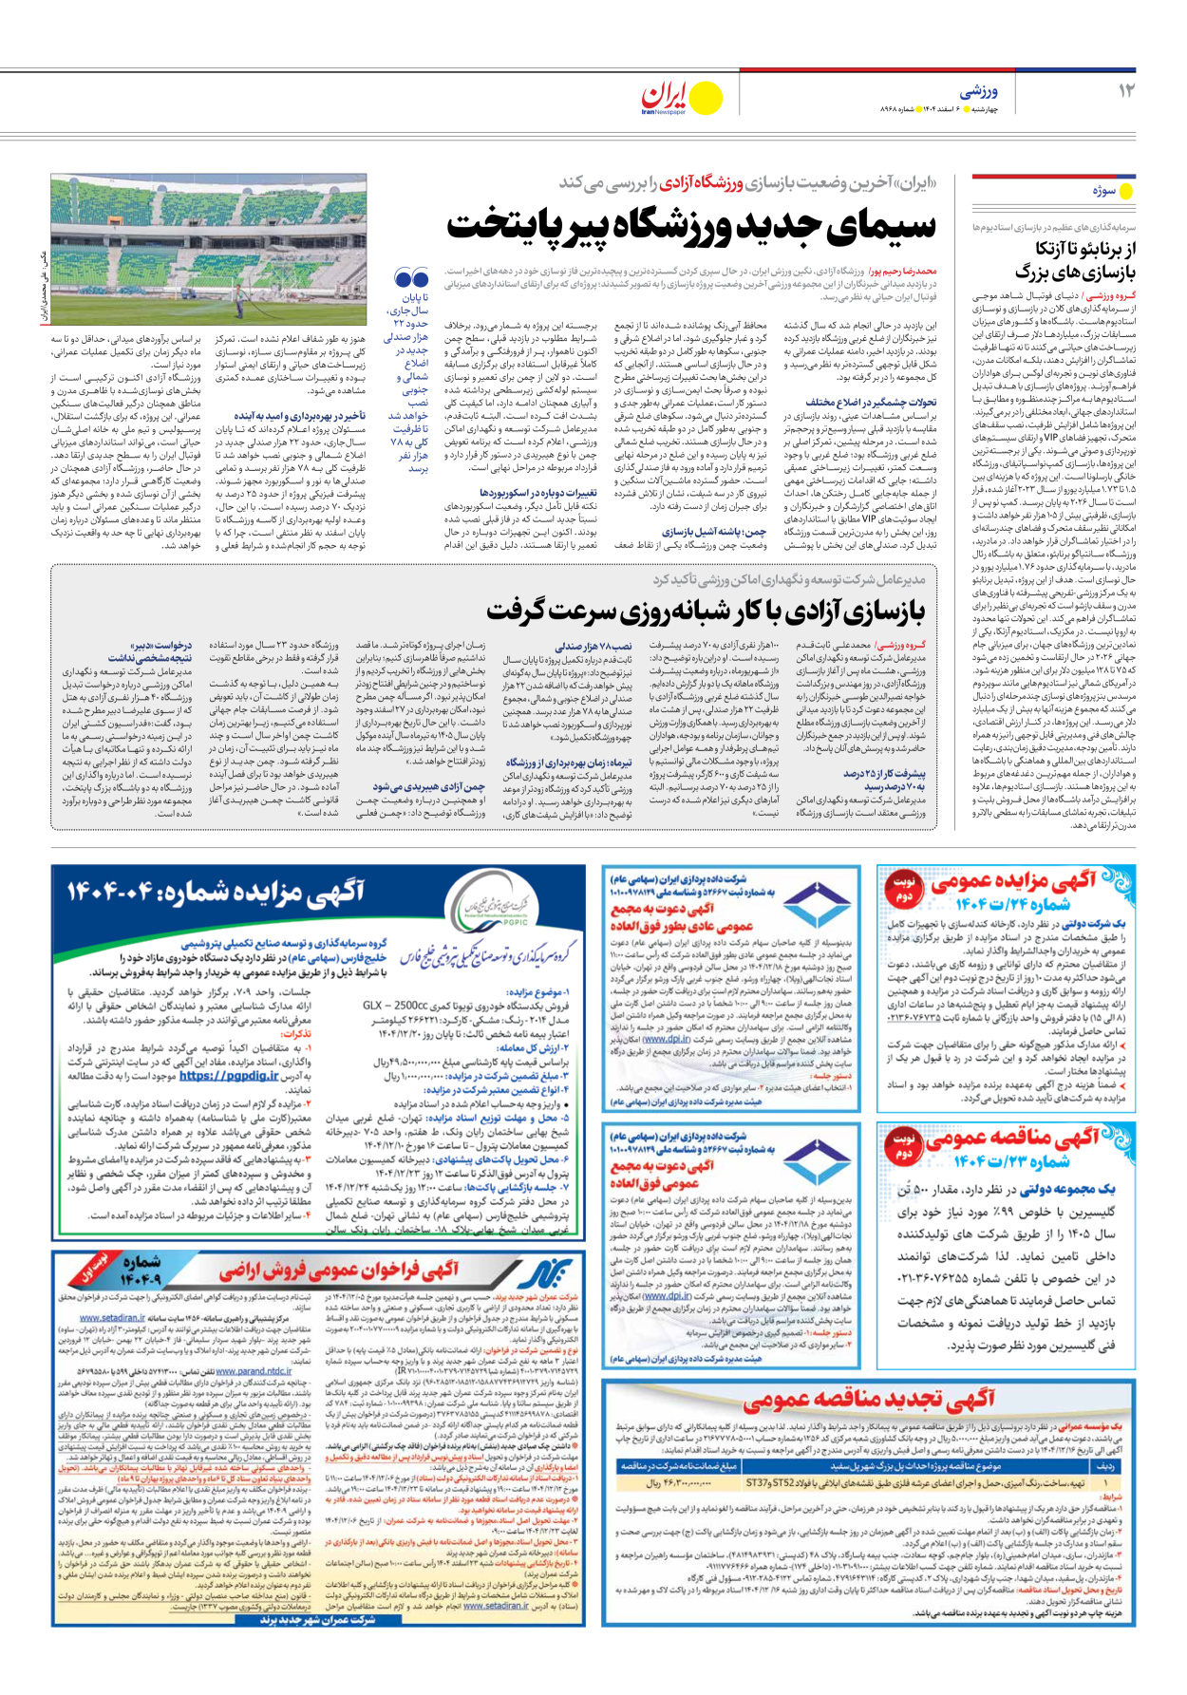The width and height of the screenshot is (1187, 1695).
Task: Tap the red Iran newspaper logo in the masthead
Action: tap(665, 96)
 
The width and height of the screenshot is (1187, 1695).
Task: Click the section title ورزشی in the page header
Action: tap(978, 91)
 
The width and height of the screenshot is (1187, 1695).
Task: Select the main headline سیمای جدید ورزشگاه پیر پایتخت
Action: tap(690, 226)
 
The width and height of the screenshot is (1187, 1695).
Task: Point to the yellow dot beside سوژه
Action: tap(1126, 191)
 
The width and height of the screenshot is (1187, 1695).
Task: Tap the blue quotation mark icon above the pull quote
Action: tap(412, 278)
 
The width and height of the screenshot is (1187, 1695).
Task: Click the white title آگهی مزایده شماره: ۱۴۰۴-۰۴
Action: tap(216, 892)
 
